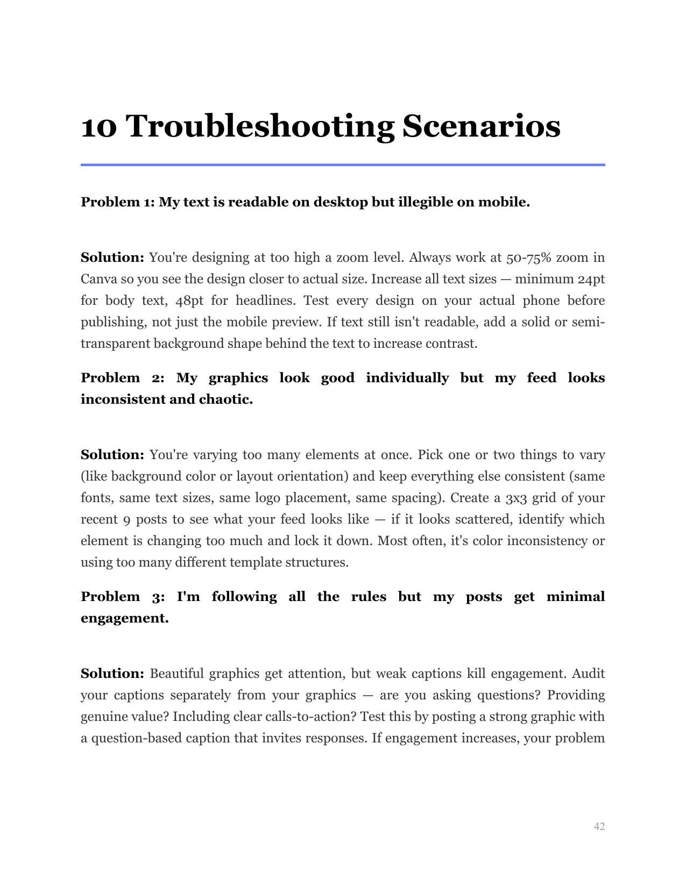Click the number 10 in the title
tap(98, 127)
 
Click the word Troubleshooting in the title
tap(260, 127)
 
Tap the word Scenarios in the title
tap(481, 127)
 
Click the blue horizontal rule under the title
tap(343, 164)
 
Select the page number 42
tap(599, 826)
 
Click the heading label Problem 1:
tap(118, 202)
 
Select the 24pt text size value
tap(591, 279)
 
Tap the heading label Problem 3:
tap(123, 597)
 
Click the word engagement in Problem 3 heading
tap(124, 618)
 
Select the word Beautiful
tap(176, 674)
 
